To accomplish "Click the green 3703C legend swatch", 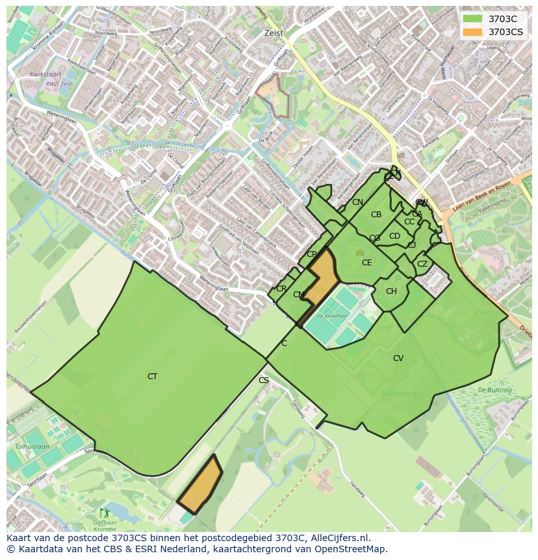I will [x=472, y=19].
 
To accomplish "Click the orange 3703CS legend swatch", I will [x=472, y=32].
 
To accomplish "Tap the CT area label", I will [x=152, y=377].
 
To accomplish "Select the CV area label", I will [x=398, y=358].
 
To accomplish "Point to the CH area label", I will [x=391, y=291].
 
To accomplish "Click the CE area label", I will [x=367, y=263].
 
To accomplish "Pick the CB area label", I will [x=376, y=215].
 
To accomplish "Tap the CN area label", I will [x=357, y=202].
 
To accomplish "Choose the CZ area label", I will [x=422, y=264].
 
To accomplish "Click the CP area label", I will [x=311, y=254].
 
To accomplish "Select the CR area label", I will [x=281, y=289].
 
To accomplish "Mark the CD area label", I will [x=394, y=236].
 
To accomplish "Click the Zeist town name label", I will [x=274, y=33].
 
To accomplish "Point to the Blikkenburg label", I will [x=400, y=393].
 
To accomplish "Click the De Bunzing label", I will [x=494, y=390].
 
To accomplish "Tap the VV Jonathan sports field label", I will [x=331, y=316].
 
